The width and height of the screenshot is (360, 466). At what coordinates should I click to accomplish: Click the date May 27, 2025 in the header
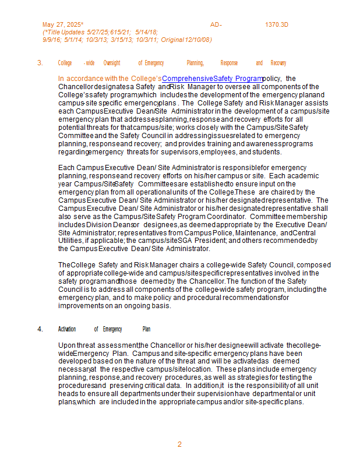coord(62,24)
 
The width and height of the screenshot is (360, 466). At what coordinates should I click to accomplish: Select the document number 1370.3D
coord(277,24)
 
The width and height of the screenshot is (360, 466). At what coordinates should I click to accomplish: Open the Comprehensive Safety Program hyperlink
coord(212,78)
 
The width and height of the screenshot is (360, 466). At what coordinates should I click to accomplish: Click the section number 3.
coord(40,63)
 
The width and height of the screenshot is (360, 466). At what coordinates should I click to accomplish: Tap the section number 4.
coord(40,329)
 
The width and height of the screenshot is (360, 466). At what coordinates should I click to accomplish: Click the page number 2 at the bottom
coord(179,444)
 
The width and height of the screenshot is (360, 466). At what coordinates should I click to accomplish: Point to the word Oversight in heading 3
coord(112,63)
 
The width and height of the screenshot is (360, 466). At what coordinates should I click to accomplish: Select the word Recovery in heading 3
coord(278,63)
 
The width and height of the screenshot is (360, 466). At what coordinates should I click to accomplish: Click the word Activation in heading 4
coord(67,329)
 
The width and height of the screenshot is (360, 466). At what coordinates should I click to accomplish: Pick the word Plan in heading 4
coord(146,329)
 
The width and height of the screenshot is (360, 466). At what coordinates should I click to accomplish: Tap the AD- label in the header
coord(216,24)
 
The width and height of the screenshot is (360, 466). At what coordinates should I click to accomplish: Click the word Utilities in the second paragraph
coord(71,240)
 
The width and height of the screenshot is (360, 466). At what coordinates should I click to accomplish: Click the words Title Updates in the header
coord(65,32)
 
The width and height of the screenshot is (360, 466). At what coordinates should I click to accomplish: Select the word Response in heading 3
coord(229,63)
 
